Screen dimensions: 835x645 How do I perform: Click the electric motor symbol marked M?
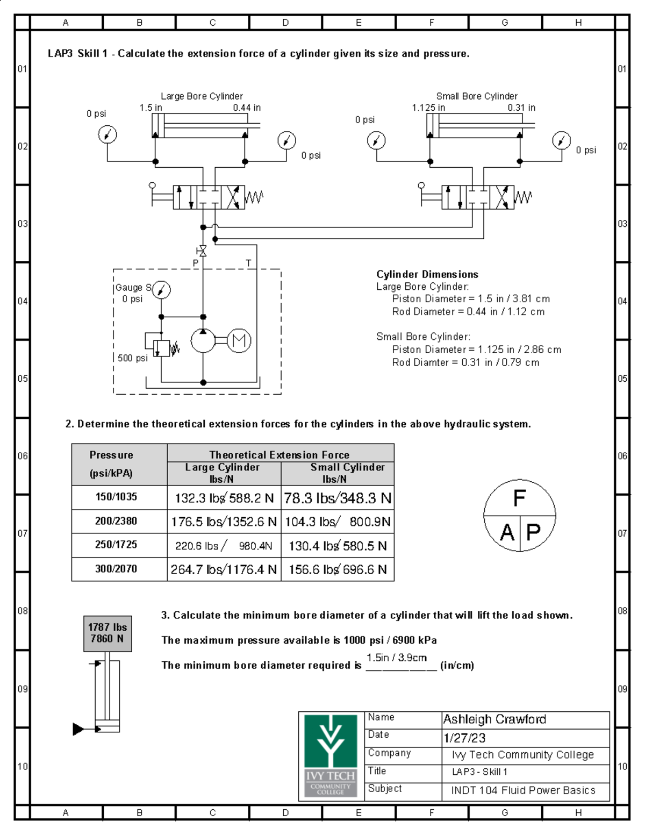coord(239,340)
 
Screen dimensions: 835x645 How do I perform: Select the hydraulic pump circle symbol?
coord(203,340)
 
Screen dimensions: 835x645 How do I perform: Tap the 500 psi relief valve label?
coord(132,358)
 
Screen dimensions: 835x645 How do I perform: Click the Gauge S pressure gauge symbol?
coord(161,290)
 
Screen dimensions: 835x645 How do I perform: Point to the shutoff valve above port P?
coord(202,251)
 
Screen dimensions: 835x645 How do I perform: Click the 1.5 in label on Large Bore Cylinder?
coord(150,108)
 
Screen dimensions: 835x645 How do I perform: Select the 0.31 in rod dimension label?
coord(521,108)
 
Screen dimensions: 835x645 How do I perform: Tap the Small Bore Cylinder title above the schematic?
coord(477,96)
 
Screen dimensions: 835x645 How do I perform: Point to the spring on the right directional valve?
coord(523,197)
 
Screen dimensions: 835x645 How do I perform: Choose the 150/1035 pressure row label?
coord(116,497)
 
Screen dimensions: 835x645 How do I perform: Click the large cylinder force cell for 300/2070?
coord(224,569)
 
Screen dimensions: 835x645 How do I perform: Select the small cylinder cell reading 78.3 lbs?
coord(338,498)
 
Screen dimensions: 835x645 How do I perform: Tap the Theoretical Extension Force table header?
coord(279,455)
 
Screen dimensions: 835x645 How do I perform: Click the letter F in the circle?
coord(519,498)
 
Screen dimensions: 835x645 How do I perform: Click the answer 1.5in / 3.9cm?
coord(397,658)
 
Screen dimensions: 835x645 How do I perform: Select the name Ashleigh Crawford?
coord(494,719)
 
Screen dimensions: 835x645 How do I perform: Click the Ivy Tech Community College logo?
coord(330,755)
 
